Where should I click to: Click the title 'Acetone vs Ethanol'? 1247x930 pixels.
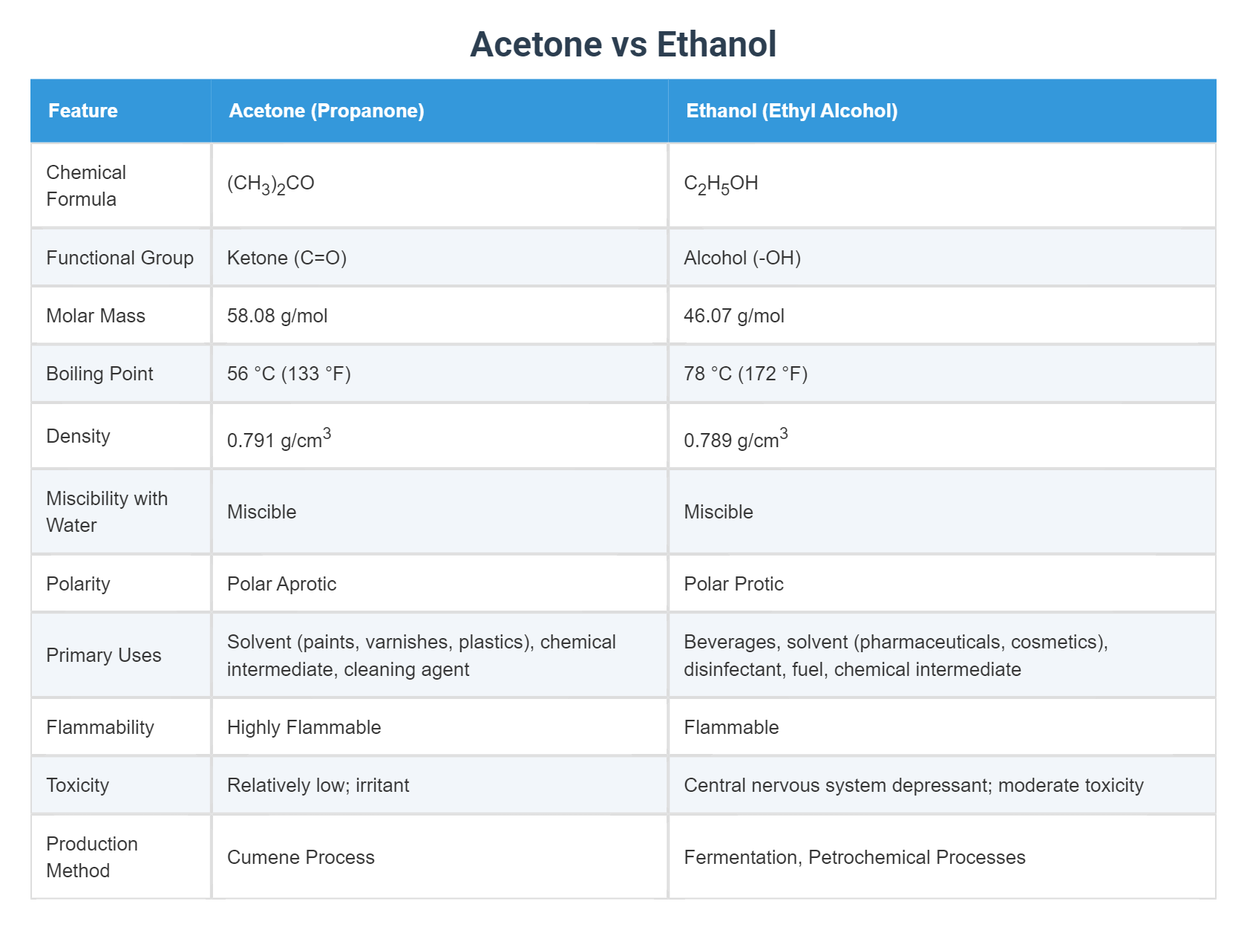[x=623, y=45]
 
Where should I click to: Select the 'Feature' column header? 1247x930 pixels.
[x=83, y=111]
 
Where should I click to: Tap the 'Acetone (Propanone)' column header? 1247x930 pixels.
[x=327, y=111]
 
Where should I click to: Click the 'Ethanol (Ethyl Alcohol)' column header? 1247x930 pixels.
[x=791, y=111]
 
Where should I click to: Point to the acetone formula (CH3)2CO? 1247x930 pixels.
[x=271, y=184]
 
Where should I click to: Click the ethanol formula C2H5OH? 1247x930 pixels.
[x=721, y=184]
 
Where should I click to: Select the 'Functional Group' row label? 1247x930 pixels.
[x=120, y=258]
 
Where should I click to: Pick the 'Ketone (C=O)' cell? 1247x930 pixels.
[x=287, y=258]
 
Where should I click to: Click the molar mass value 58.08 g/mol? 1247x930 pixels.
[x=277, y=316]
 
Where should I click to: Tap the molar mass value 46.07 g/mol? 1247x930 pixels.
[x=733, y=316]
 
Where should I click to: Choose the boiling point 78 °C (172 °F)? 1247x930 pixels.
[x=745, y=374]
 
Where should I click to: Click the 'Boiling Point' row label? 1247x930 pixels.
[x=99, y=374]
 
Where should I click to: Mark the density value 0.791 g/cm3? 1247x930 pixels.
[x=278, y=439]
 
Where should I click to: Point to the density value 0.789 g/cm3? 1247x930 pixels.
[x=735, y=439]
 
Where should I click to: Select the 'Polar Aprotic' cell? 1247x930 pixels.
[x=281, y=584]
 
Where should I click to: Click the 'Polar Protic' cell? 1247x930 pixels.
[x=733, y=584]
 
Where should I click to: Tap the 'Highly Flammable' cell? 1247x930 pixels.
[x=304, y=727]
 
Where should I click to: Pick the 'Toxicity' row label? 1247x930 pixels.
[x=77, y=785]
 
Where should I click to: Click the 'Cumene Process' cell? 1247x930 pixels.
[x=301, y=857]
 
